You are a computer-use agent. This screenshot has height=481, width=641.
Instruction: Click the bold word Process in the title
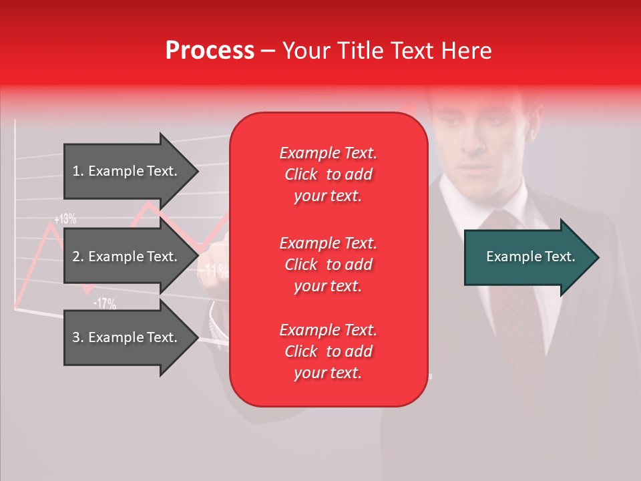pyautogui.click(x=210, y=51)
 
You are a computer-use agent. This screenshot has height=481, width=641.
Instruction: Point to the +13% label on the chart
pyautogui.click(x=65, y=218)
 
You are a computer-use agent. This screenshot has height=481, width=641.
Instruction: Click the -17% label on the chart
pyautogui.click(x=104, y=304)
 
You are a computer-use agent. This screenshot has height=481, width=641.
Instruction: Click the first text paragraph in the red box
pyautogui.click(x=328, y=174)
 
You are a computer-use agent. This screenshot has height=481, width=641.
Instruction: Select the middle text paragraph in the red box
pyautogui.click(x=328, y=265)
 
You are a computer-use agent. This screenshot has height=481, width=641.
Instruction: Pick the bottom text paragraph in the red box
pyautogui.click(x=328, y=351)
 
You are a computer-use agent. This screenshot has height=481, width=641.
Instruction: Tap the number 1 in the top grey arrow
pyautogui.click(x=76, y=172)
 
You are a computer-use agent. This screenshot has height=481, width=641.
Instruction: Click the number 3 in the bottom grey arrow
pyautogui.click(x=76, y=337)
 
